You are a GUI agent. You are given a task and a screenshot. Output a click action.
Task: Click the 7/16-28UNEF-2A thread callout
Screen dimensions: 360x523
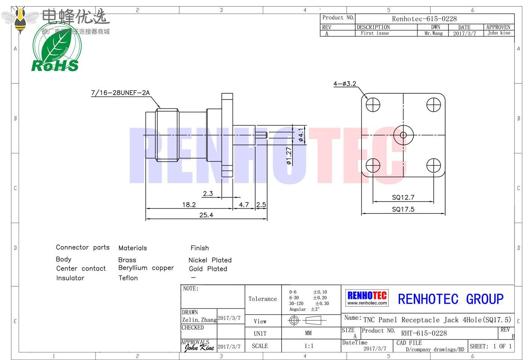click(120, 93)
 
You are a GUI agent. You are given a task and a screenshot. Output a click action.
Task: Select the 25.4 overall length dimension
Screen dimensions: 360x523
click(206, 215)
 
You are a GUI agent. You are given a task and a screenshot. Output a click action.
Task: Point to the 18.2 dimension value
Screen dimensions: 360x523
click(189, 205)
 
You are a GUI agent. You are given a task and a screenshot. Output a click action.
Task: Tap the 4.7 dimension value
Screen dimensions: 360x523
click(244, 205)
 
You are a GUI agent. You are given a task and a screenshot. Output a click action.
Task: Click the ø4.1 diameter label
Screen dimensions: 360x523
click(301, 135)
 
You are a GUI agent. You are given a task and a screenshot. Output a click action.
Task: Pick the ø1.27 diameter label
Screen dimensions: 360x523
click(289, 156)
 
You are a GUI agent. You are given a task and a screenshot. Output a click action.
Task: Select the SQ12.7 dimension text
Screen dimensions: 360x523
click(403, 197)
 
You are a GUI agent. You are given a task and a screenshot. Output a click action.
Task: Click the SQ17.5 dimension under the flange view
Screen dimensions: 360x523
click(403, 209)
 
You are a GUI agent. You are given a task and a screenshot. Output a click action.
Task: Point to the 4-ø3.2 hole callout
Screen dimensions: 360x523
click(344, 84)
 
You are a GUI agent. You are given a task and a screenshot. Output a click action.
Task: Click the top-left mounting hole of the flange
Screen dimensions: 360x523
click(373, 105)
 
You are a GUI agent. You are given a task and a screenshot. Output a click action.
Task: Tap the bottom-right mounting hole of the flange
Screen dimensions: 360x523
click(434, 165)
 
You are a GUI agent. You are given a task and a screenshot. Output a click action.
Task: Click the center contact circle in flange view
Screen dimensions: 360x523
click(403, 135)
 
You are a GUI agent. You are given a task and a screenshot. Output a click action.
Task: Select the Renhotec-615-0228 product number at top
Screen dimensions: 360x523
click(424, 19)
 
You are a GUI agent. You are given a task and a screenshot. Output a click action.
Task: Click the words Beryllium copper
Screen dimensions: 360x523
click(146, 268)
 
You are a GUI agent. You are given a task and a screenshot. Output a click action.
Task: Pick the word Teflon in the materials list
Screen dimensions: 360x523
click(128, 278)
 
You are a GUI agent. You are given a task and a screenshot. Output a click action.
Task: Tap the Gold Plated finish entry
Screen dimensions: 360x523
click(208, 269)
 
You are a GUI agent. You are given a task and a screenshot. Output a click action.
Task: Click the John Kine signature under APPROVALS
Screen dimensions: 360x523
click(199, 347)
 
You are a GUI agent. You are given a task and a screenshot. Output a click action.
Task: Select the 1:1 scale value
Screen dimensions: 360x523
click(308, 346)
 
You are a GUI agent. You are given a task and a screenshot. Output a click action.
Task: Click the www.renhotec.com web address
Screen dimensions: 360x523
click(367, 303)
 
